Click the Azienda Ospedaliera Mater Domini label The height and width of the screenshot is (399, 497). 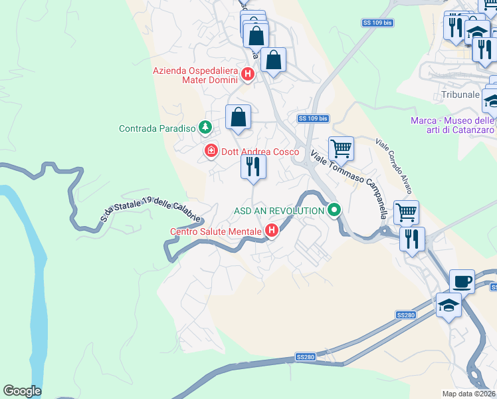[195, 75]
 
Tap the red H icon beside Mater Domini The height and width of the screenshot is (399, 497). [248, 74]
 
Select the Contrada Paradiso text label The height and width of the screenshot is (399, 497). [157, 128]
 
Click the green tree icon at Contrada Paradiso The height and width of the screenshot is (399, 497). [206, 126]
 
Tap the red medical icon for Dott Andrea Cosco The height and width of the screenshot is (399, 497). [211, 152]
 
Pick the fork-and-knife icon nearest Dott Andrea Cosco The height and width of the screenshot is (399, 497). [252, 166]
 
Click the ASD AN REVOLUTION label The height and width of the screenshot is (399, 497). [278, 211]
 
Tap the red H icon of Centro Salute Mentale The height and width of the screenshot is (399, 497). [271, 231]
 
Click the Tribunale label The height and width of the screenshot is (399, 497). [460, 95]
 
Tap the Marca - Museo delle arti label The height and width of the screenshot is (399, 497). [451, 124]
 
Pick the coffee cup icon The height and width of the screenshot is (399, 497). [462, 281]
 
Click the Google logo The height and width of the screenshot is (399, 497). [22, 391]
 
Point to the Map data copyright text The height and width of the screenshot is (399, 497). [469, 394]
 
